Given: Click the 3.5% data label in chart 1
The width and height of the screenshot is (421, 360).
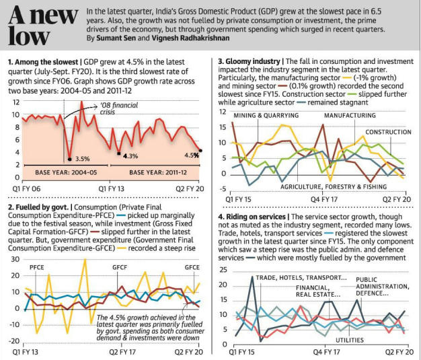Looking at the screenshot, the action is (x=83, y=159).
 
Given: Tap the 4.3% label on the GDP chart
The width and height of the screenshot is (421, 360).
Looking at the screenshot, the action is (x=130, y=156).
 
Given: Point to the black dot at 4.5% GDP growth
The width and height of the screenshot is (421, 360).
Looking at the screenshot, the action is (x=200, y=151).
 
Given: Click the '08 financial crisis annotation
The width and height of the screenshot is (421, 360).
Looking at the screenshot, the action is (x=119, y=108).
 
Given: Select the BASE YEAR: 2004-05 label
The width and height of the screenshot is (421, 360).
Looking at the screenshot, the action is (x=66, y=172).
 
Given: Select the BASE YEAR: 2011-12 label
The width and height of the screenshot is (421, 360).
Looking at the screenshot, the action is (x=158, y=172).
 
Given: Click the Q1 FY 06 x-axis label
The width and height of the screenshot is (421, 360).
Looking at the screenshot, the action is (x=26, y=189).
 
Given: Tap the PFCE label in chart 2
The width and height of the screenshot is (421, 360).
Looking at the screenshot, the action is (x=37, y=267).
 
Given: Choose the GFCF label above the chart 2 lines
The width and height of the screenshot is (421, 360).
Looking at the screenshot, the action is (x=120, y=267).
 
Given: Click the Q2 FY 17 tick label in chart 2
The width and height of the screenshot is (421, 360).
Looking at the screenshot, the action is (x=122, y=352).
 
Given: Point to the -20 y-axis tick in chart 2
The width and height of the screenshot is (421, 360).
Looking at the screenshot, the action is (x=15, y=341).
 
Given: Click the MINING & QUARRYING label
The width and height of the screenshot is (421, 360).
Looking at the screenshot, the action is (x=266, y=116).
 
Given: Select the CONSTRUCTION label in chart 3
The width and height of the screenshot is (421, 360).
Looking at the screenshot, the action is (x=388, y=132).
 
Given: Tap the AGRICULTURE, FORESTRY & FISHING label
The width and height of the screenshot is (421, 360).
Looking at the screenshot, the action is (x=334, y=186).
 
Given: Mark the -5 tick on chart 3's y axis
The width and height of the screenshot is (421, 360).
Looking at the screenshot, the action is (x=223, y=189).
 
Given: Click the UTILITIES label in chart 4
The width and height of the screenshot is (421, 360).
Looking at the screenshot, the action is (x=350, y=340).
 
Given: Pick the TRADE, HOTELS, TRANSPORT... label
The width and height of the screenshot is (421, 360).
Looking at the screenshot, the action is (x=301, y=277).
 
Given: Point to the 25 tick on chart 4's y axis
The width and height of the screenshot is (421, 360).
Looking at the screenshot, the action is (x=223, y=269).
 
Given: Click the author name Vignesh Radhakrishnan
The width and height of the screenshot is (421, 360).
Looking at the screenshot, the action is (x=190, y=38).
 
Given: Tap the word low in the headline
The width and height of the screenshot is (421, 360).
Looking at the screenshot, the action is (x=29, y=36).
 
